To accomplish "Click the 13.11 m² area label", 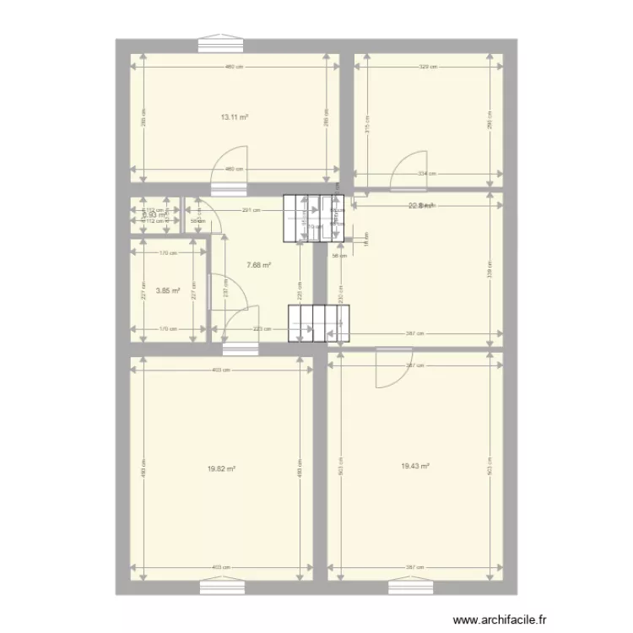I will [x=234, y=118].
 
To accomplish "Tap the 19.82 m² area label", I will [x=221, y=469].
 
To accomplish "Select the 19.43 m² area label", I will [x=416, y=465].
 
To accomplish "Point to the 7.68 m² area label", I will [x=258, y=264].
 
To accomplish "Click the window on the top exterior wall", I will [x=222, y=44].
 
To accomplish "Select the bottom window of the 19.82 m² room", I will [x=222, y=587].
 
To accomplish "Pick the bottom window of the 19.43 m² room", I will [x=410, y=587].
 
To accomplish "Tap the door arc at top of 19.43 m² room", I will [x=392, y=369].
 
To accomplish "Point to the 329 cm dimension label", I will [x=428, y=68].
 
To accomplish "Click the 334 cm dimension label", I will [x=428, y=175].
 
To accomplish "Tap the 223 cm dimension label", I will [x=262, y=329].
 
